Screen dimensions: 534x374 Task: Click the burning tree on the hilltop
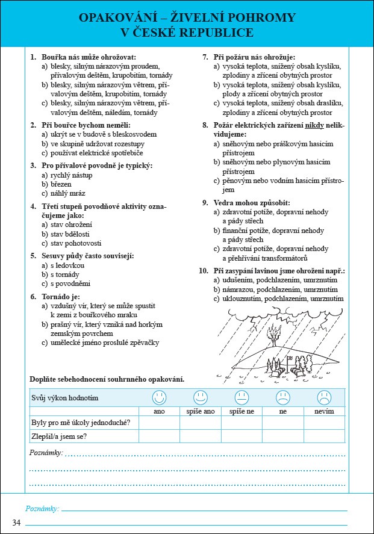click(275, 334)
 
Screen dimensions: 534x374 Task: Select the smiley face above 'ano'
click(159, 397)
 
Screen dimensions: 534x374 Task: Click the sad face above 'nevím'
click(325, 397)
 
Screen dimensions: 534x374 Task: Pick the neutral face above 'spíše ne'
click(242, 397)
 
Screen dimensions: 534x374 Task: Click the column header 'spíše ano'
click(200, 411)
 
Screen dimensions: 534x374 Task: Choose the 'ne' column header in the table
click(282, 411)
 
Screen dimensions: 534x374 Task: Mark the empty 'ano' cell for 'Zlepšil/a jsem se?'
click(159, 436)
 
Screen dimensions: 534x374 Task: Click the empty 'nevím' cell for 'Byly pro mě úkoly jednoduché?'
click(325, 422)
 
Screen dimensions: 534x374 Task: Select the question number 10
click(204, 272)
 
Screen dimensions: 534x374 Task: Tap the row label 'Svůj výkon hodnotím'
click(64, 398)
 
